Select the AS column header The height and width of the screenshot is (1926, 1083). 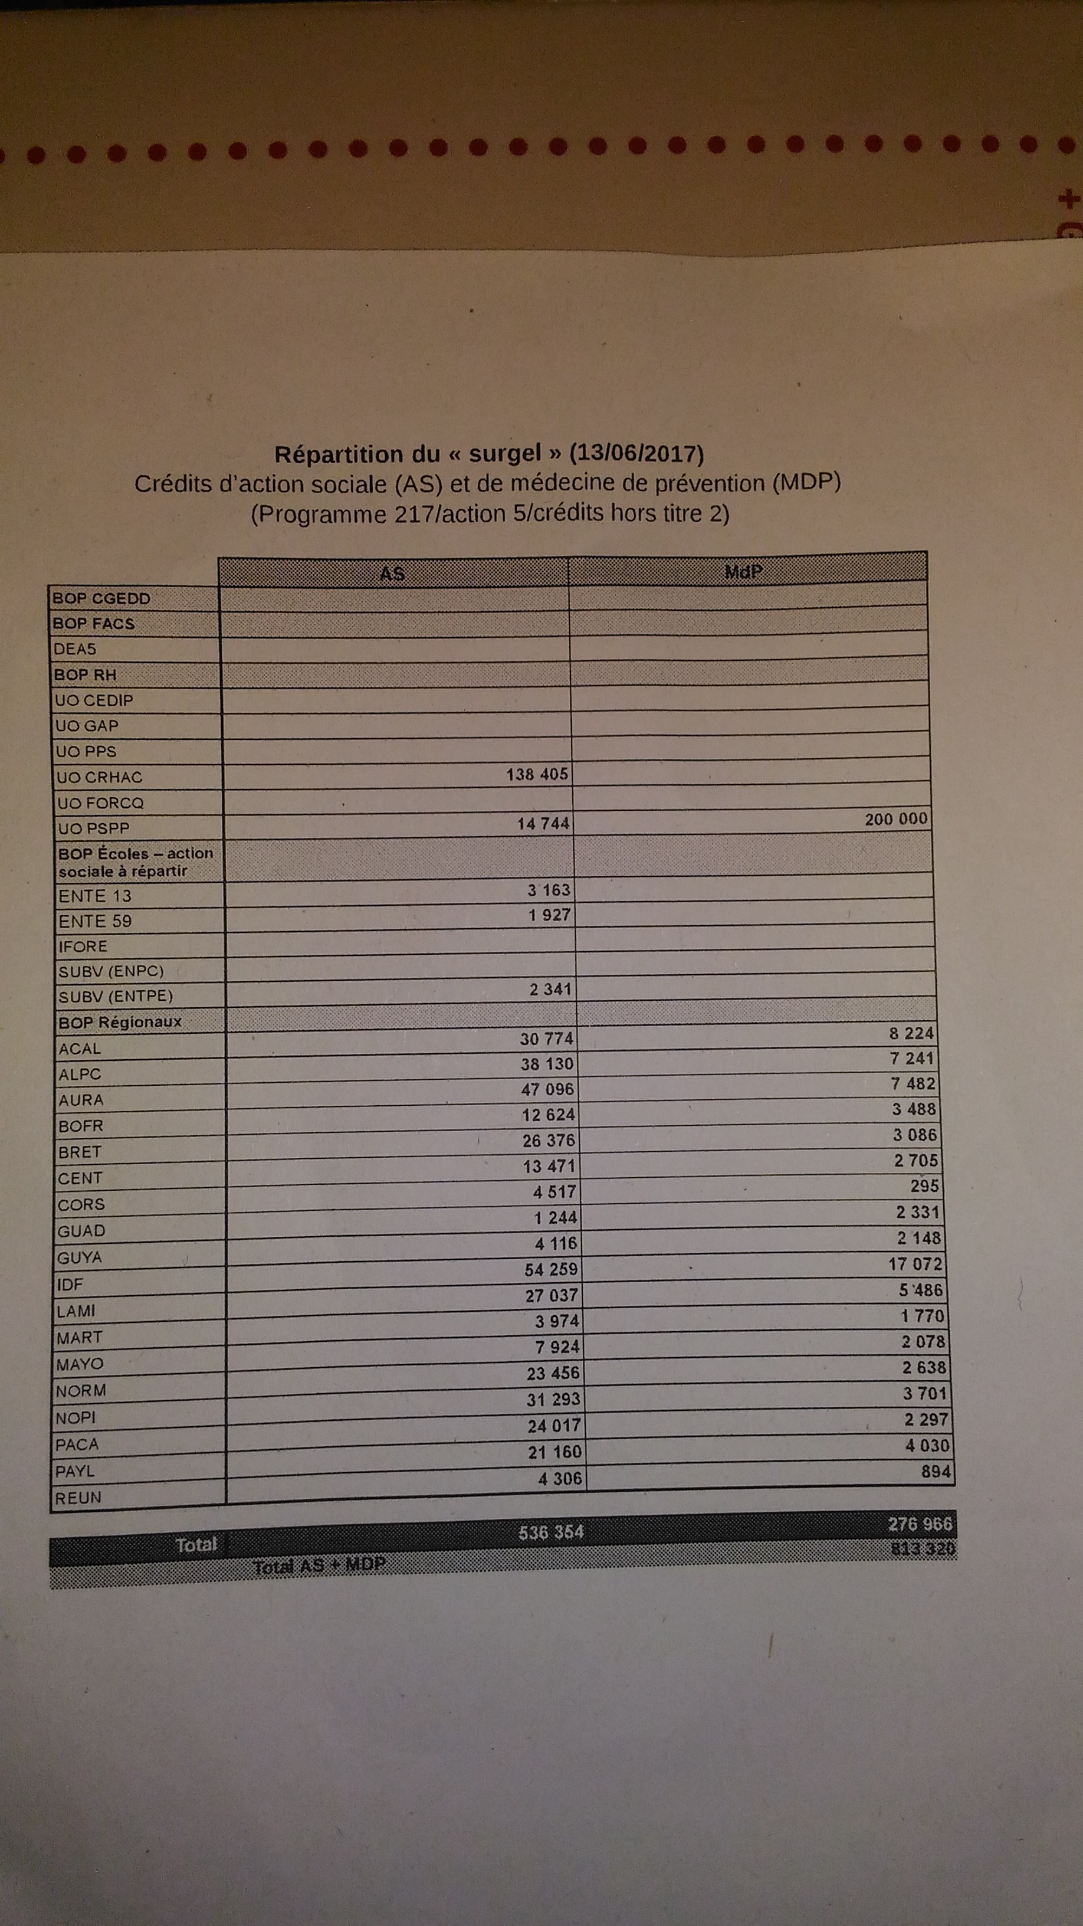pyautogui.click(x=392, y=574)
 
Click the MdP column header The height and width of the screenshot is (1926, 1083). pyautogui.click(x=744, y=571)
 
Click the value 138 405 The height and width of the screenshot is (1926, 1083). pyautogui.click(x=537, y=774)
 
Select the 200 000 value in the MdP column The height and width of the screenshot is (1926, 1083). pyautogui.click(x=895, y=818)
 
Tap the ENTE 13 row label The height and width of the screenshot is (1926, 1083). pyautogui.click(x=95, y=896)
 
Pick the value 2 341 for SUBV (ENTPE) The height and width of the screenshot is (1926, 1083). pyautogui.click(x=550, y=989)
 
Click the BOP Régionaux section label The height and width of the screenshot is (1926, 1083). pyautogui.click(x=120, y=1021)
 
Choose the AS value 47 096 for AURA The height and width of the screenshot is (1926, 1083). pyautogui.click(x=547, y=1089)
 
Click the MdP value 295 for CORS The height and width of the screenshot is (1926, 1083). pyautogui.click(x=924, y=1186)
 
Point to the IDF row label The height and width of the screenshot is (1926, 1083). pyautogui.click(x=70, y=1285)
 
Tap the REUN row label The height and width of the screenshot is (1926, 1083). pyautogui.click(x=78, y=1498)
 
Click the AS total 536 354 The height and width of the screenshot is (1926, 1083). pyautogui.click(x=551, y=1531)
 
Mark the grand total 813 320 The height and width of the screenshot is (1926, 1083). pyautogui.click(x=923, y=1548)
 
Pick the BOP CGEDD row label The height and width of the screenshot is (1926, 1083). pyautogui.click(x=101, y=598)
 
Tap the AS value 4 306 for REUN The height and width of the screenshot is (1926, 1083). pyautogui.click(x=560, y=1478)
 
